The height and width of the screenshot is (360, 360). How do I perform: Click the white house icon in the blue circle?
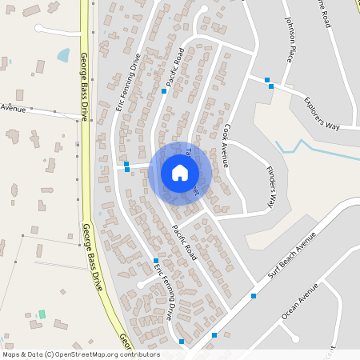(x=180, y=173)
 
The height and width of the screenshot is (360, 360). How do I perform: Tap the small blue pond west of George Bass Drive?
(x=63, y=56)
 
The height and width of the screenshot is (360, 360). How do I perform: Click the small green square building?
(x=42, y=314)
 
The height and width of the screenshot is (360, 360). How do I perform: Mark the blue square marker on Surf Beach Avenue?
(x=254, y=296)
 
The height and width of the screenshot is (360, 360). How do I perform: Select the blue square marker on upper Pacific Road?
(x=164, y=91)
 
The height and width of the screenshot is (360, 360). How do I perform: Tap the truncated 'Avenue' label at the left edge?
(x=13, y=107)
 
